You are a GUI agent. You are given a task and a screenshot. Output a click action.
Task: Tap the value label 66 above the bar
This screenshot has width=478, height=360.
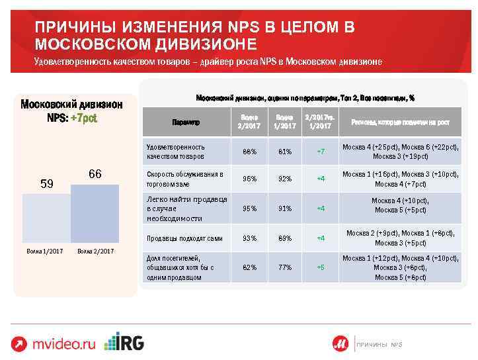[95, 174]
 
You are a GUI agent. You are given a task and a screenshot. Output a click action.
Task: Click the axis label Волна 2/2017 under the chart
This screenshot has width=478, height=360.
[95, 251]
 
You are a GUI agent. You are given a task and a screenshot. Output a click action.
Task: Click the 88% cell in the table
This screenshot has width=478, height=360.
[249, 152]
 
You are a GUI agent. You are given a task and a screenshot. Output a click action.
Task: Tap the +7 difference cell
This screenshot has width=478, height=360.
[321, 152]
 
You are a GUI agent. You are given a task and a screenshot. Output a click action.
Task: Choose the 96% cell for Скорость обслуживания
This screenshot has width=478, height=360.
[249, 178]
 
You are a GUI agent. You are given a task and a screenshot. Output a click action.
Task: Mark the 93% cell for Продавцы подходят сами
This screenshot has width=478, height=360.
[249, 238]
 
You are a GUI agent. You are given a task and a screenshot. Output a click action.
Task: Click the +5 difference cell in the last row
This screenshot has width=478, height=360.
[321, 267]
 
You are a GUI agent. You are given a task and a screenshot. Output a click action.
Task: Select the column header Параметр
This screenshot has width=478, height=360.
[185, 122]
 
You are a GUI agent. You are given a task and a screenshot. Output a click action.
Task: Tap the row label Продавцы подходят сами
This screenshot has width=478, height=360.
[175, 238]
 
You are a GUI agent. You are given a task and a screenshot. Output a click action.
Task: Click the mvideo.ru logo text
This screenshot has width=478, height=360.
[64, 343]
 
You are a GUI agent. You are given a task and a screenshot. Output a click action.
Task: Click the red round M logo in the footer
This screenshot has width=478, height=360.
[340, 343]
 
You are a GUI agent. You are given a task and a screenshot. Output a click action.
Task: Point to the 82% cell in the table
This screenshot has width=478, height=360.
[249, 267]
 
